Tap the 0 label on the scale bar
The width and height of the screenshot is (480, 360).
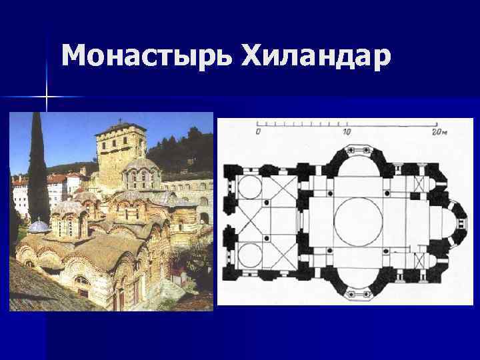(x=258, y=131)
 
